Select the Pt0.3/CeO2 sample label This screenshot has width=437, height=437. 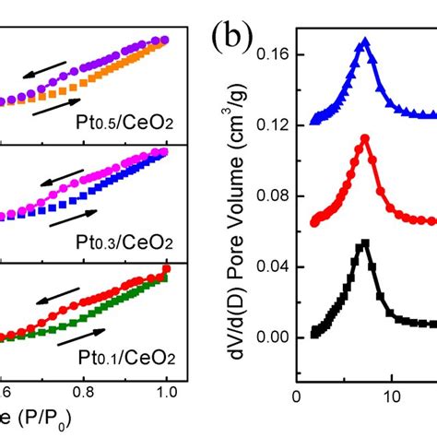126,242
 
